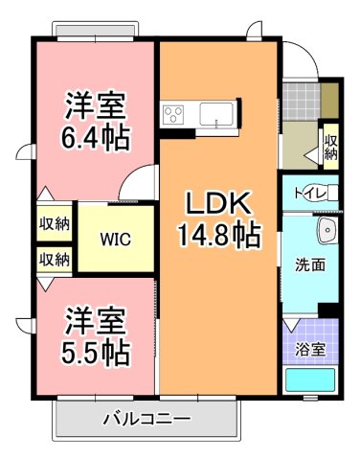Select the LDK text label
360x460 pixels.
point(218,203)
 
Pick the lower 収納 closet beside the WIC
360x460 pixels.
point(54,259)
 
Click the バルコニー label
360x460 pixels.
point(146,419)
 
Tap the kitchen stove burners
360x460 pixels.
point(175,115)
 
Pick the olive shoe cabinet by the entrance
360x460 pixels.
point(329,96)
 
